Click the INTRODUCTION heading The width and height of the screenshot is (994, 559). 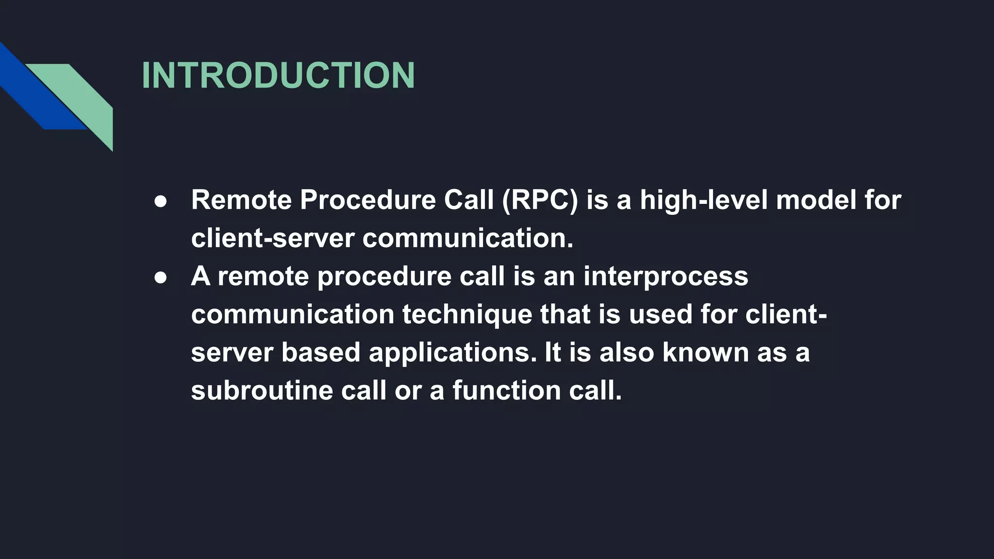tap(278, 76)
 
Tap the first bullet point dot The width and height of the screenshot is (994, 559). tap(161, 201)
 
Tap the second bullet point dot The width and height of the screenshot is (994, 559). tap(161, 278)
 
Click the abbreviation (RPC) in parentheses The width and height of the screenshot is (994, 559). tap(540, 200)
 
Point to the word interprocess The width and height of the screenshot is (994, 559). tap(665, 277)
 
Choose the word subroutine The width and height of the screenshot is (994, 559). tap(262, 391)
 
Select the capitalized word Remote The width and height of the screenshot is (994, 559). tap(241, 200)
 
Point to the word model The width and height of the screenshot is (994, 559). tap(816, 200)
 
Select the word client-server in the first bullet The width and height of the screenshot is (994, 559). tap(272, 239)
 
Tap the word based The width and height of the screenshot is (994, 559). tap(320, 353)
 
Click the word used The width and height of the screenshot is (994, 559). tap(660, 314)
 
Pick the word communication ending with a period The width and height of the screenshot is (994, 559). tap(468, 239)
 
